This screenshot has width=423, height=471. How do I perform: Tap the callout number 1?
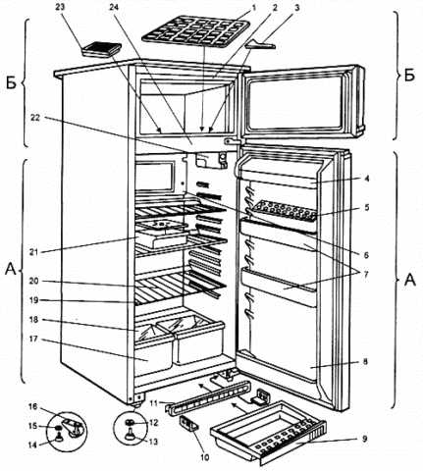click(254, 6)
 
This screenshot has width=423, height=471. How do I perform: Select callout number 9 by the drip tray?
click(365, 439)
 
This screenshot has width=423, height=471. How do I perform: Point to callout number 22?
click(35, 118)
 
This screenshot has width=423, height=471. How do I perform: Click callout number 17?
click(33, 340)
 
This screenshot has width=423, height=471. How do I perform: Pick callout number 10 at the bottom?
click(204, 457)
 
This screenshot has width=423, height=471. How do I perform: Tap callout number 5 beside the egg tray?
click(366, 207)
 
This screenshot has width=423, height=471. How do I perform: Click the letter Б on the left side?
click(12, 83)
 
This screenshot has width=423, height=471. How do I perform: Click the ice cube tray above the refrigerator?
click(197, 31)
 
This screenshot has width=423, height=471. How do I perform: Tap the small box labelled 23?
click(101, 50)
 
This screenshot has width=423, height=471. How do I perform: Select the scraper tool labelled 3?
click(261, 44)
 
